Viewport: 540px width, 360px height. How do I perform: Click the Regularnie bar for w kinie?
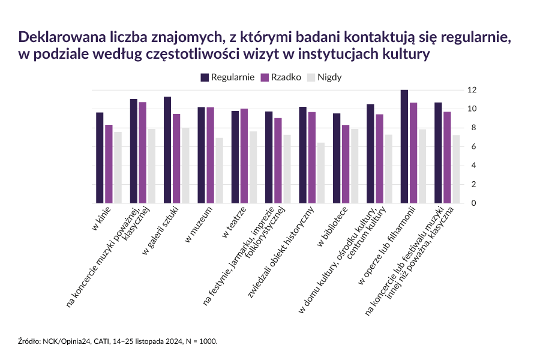100,158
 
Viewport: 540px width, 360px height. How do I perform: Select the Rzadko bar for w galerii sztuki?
176,158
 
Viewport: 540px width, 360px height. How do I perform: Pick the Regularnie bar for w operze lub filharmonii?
404,146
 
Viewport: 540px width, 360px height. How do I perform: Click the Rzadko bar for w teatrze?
244,156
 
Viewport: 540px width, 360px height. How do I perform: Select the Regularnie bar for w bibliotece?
337,158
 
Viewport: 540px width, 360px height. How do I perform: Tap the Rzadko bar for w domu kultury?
379,158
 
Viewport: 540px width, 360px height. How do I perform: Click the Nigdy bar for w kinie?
118,167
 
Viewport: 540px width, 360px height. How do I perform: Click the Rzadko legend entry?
281,77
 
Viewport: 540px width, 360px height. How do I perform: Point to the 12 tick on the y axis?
472,90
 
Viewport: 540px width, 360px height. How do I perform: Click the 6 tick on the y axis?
472,146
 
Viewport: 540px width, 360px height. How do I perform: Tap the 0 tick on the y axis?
472,203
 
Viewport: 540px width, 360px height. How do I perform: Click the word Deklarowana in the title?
55,37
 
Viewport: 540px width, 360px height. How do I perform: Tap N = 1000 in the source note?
200,341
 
